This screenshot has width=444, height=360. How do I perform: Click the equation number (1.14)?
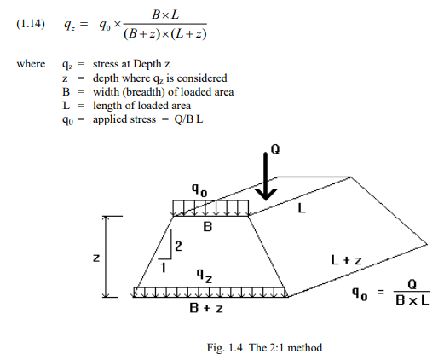click(31, 24)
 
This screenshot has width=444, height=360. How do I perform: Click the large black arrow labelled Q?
click(266, 177)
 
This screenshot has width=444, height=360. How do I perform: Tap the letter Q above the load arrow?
click(275, 149)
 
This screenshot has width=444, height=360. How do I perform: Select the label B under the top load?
click(208, 227)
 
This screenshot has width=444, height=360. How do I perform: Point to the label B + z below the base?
click(206, 308)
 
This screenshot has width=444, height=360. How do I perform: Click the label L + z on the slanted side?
click(347, 260)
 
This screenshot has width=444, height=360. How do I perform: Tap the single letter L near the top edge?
click(302, 209)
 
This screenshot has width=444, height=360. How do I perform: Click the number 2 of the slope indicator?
click(178, 247)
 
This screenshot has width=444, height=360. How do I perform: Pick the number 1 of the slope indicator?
click(163, 268)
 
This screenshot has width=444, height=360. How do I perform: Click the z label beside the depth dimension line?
click(96, 258)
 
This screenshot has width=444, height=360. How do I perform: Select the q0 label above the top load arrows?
click(199, 189)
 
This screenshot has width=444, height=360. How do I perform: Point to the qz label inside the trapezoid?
click(205, 276)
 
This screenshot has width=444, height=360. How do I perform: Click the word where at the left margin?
click(31, 64)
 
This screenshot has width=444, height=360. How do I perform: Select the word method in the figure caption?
click(305, 348)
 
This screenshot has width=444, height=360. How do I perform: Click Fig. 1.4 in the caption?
click(225, 348)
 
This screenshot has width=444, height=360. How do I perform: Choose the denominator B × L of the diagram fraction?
click(412, 300)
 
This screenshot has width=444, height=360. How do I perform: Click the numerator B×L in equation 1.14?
click(165, 15)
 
